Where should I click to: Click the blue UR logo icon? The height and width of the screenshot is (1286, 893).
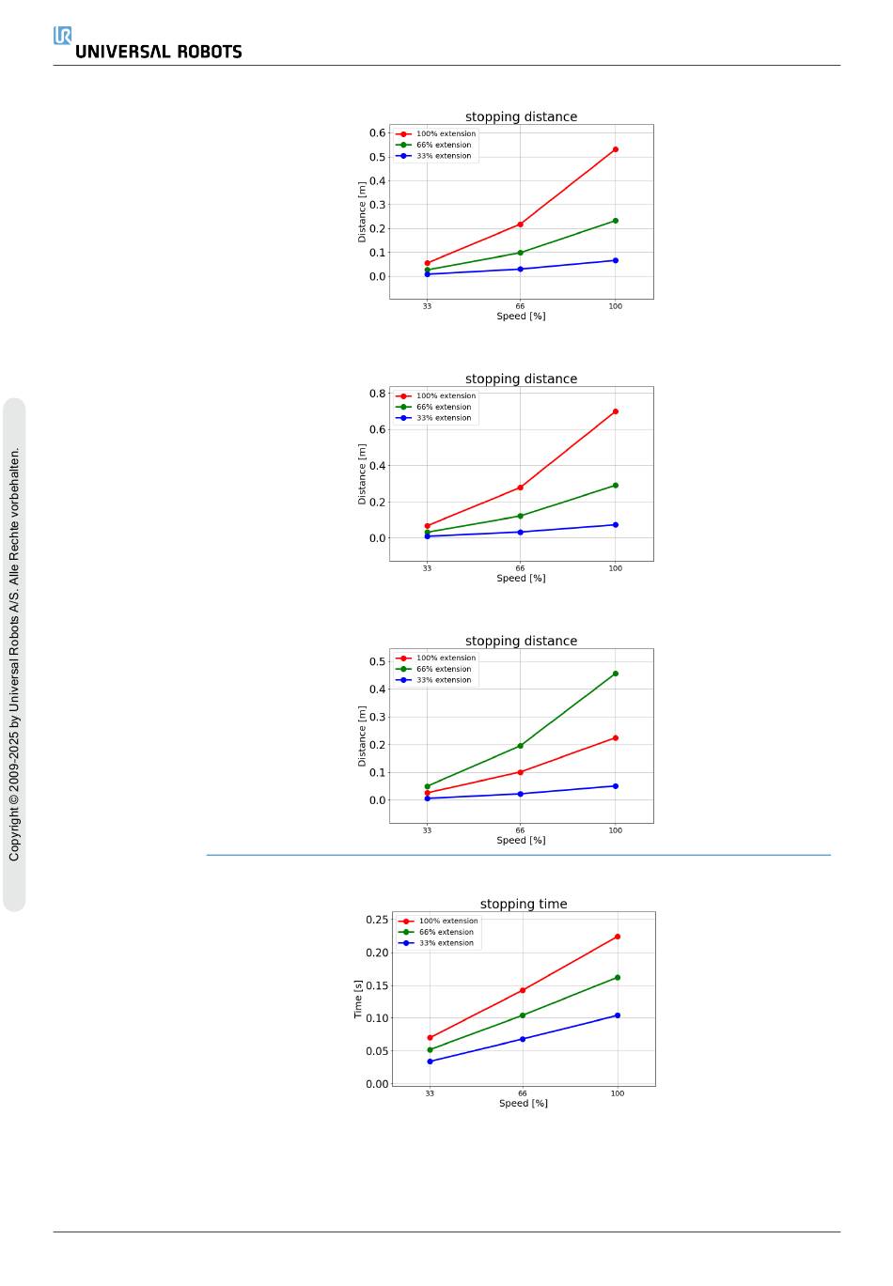[62, 36]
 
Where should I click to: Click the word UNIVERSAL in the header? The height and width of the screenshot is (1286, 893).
[123, 53]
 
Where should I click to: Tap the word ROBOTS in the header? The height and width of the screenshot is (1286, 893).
[211, 53]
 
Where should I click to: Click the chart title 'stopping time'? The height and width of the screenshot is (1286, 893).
[524, 904]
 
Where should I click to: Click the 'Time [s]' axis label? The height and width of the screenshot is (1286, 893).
[358, 999]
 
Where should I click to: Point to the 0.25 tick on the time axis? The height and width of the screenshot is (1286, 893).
[376, 920]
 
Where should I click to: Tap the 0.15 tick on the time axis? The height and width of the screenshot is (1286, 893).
[376, 985]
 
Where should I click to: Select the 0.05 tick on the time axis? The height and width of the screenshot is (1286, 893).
[376, 1051]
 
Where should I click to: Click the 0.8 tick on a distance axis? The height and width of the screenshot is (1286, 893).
[377, 394]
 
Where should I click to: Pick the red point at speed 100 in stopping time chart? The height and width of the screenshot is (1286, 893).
[618, 937]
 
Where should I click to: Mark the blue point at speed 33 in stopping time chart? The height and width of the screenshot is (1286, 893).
[430, 1061]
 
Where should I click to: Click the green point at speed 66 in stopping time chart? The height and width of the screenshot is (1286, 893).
[523, 1015]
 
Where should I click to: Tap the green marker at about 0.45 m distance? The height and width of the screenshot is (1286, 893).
[616, 674]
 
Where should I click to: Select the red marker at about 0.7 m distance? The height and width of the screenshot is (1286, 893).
[616, 411]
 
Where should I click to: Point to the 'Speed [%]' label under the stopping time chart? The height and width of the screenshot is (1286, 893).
[524, 1104]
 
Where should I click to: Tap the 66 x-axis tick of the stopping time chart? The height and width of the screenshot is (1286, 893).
[523, 1093]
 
